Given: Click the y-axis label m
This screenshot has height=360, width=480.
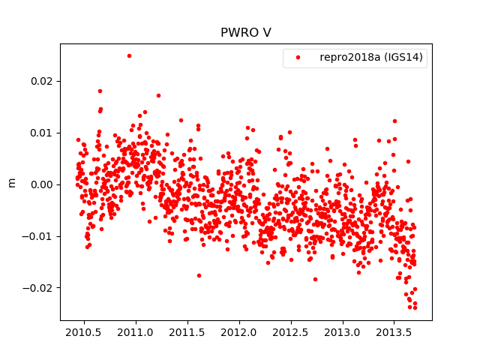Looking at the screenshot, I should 11,182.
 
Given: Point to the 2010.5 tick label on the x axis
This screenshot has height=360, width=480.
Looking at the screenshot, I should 83,331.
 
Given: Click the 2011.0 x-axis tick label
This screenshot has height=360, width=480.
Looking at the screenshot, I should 136,331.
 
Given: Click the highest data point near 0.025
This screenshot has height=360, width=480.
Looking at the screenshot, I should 129,55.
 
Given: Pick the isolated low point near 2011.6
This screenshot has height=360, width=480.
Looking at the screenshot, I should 199,275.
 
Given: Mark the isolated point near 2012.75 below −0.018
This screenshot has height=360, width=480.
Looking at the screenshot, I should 315,279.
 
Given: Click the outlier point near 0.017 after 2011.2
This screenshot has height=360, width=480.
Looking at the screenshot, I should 158,95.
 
